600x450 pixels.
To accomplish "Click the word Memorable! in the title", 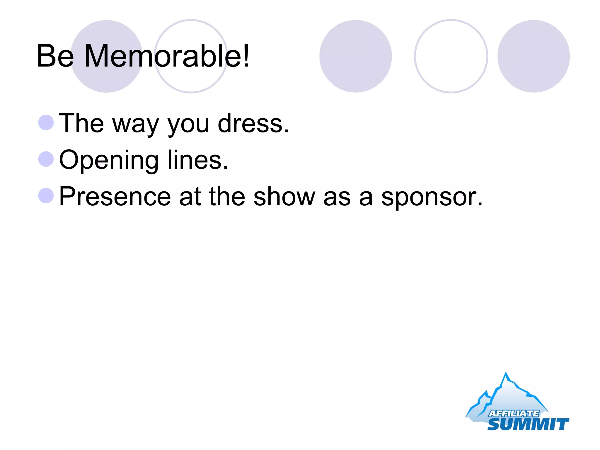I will pyautogui.click(x=166, y=56).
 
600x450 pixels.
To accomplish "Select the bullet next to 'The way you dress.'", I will pyautogui.click(x=46, y=122).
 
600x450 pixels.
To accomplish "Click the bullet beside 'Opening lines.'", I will pyautogui.click(x=46, y=159).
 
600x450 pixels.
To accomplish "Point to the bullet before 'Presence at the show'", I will pyautogui.click(x=46, y=195).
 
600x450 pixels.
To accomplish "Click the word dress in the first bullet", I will pyautogui.click(x=253, y=123).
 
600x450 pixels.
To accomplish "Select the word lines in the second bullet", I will pyautogui.click(x=197, y=160).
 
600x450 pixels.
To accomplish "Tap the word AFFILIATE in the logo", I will pyautogui.click(x=514, y=413).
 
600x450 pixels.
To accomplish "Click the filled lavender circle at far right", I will pyautogui.click(x=533, y=56).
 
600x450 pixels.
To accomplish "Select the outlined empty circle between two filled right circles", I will pyautogui.click(x=451, y=56).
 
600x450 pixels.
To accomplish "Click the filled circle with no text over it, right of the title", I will pyautogui.click(x=355, y=56).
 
